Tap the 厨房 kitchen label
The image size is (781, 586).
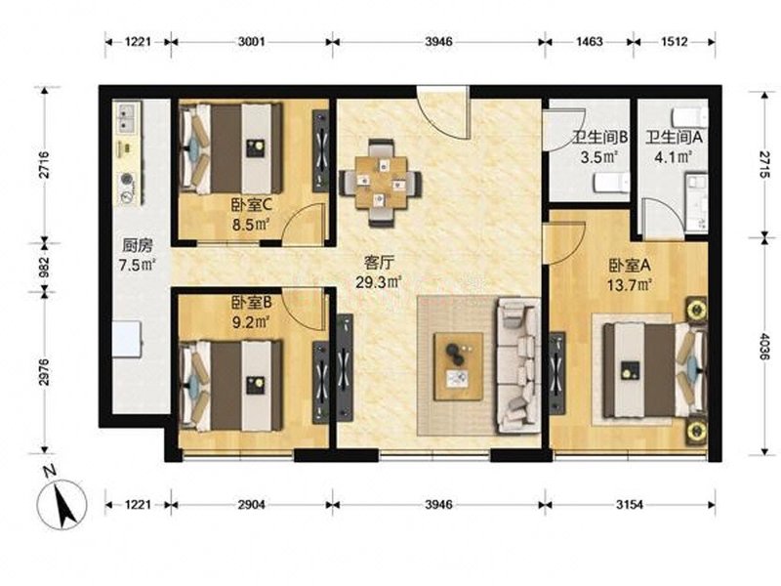click(138, 246)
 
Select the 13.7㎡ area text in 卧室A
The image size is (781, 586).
click(630, 284)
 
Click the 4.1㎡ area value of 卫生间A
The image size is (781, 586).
click(674, 157)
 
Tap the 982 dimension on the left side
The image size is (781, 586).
click(44, 268)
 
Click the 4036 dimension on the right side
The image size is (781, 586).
click(764, 347)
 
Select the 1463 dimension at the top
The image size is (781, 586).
click(590, 42)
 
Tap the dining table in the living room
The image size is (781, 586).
click(381, 183)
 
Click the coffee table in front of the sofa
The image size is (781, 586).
click(458, 366)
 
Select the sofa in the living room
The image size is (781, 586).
click(519, 365)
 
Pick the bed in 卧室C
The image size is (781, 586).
click(231, 148)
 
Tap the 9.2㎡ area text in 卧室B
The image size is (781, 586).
click(251, 322)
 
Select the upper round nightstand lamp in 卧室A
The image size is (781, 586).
click(696, 310)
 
